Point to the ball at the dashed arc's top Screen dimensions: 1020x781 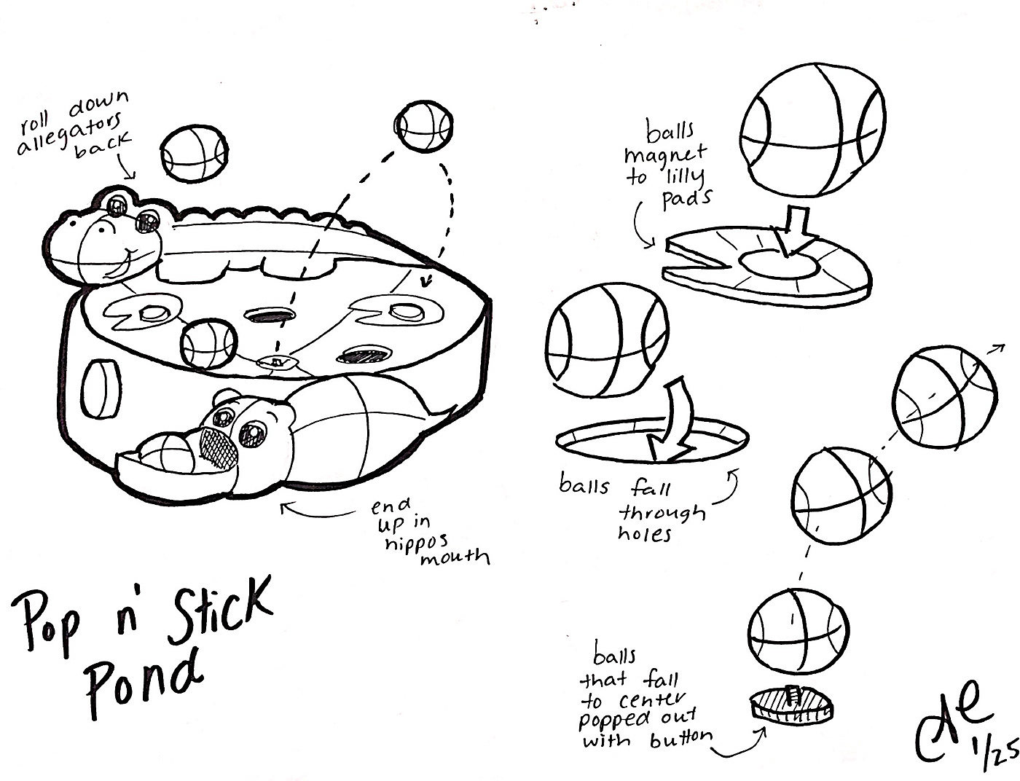423,128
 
